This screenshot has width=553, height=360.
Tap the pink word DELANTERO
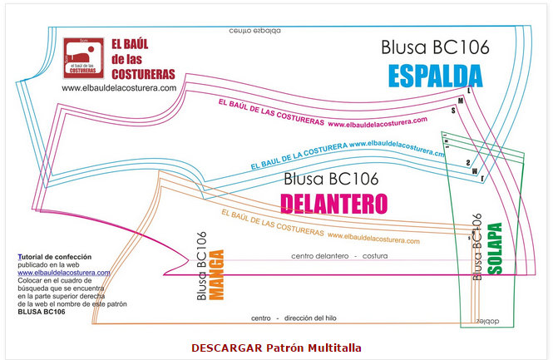(334, 203)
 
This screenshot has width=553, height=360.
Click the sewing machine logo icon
(85, 57)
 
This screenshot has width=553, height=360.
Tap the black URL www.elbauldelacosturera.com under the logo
(118, 88)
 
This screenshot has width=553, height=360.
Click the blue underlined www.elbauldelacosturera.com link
(64, 273)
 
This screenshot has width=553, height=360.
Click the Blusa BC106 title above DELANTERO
(331, 178)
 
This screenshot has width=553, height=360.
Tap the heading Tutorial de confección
(55, 257)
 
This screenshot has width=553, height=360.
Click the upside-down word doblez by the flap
(484, 319)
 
